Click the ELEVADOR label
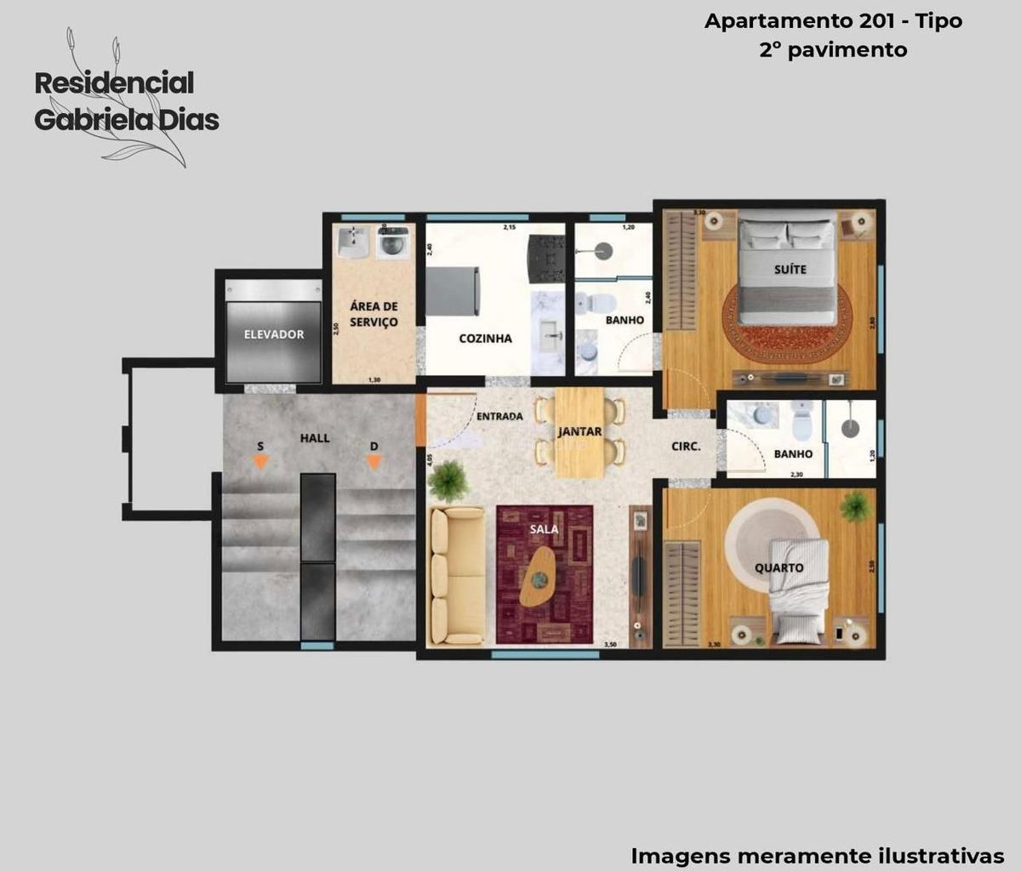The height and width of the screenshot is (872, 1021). coord(273,334)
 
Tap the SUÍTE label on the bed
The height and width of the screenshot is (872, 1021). coord(790,269)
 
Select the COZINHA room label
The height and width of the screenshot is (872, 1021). coord(485,339)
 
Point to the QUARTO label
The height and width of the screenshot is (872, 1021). coord(779,567)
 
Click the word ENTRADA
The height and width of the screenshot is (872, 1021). coord(499,417)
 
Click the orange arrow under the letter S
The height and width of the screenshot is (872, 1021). coord(260,462)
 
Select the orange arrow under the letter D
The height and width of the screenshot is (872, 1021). coord(373,462)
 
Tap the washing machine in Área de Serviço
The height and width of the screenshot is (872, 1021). coord(392,242)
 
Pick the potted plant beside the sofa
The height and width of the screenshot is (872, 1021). coord(448,482)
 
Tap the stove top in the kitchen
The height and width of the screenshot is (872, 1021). coord(546,258)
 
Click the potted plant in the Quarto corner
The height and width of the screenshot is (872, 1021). coord(854,507)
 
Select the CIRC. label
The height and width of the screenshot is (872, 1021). coord(686,446)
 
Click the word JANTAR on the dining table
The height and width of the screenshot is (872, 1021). coord(579,432)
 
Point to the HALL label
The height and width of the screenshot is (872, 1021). coord(314,438)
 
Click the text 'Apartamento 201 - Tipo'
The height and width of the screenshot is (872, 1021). coord(833,21)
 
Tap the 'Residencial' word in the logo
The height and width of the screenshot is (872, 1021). coord(114,83)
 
